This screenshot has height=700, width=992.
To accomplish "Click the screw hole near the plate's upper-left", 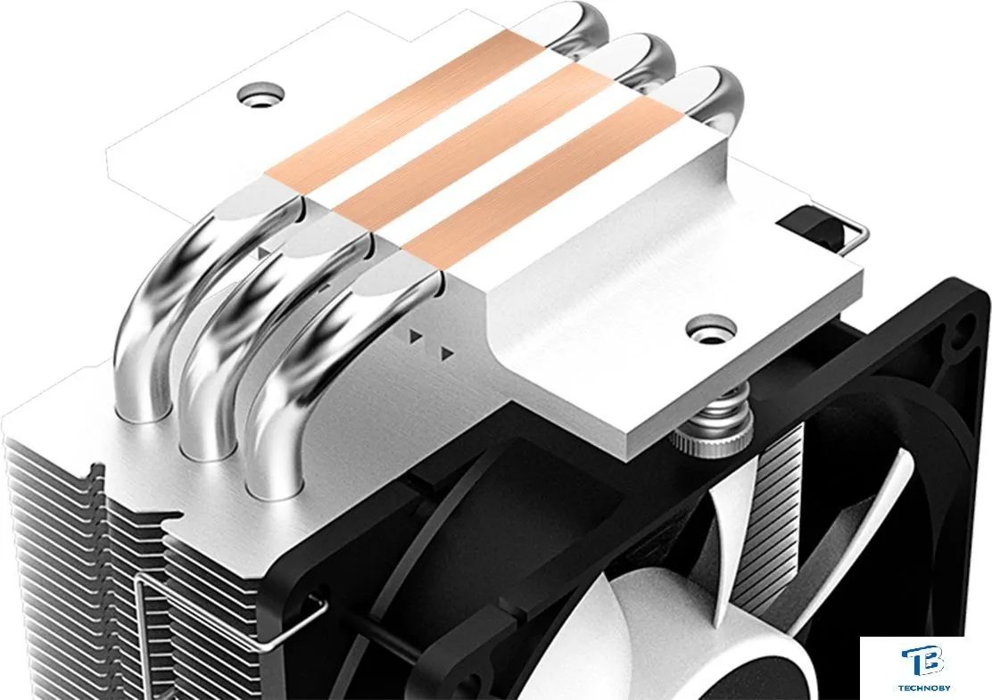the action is click(x=260, y=95).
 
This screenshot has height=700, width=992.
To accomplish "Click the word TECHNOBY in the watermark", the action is click(x=923, y=688).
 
